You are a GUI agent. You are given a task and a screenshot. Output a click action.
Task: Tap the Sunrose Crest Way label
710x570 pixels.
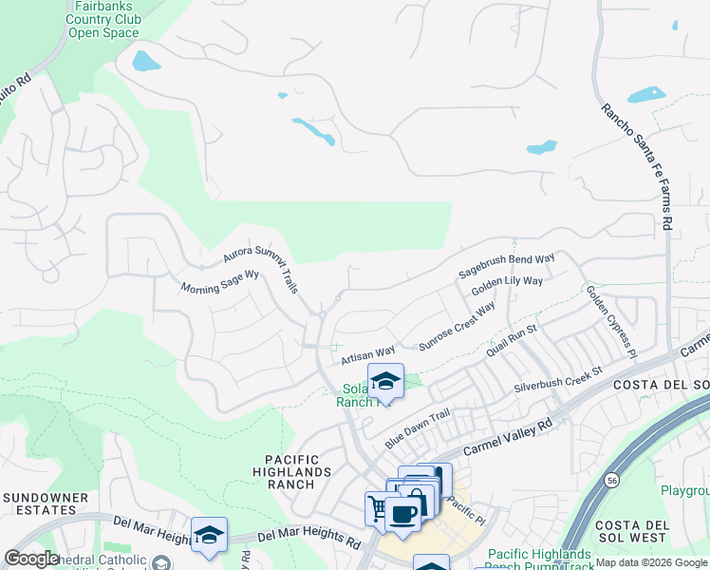pos(458,328)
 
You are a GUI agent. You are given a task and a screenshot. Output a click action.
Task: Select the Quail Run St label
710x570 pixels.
pos(512,341)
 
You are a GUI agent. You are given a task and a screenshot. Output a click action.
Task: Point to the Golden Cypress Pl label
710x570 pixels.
pos(610,320)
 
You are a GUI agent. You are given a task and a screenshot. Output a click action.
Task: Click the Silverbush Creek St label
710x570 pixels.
pos(559,379)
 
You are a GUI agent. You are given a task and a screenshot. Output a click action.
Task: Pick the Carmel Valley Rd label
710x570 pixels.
pos(507,438)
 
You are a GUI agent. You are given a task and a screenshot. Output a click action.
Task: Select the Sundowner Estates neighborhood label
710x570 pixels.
pos(45,503)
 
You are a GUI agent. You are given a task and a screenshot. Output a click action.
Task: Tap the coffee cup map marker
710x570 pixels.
pos(402,514)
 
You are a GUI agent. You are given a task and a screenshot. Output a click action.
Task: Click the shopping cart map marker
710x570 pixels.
pos(377,508)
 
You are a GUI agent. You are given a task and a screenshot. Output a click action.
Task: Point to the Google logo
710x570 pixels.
pos(31,558)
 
